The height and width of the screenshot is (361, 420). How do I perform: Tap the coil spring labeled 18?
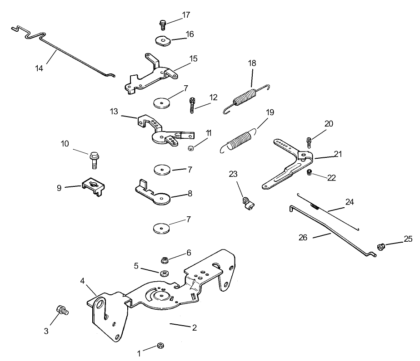(245, 98)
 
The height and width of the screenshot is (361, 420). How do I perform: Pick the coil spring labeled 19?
(240, 138)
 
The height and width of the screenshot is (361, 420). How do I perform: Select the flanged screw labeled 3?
(61, 311)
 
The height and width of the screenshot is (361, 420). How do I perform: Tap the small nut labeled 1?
(160, 346)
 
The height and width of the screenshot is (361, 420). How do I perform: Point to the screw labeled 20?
(309, 141)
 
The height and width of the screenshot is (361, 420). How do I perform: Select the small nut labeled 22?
(309, 172)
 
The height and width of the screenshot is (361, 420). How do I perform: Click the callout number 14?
(40, 68)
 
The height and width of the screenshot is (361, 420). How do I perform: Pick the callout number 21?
(337, 154)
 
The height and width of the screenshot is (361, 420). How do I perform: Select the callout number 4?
(83, 281)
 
